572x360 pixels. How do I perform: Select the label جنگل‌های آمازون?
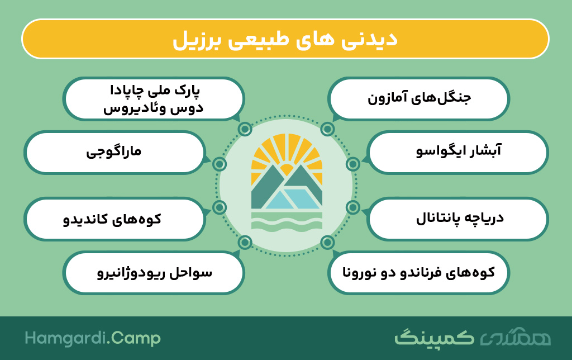pyautogui.click(x=419, y=98)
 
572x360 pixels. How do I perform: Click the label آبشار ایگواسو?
pyautogui.click(x=459, y=151)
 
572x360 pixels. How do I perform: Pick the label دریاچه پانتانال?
pyautogui.click(x=460, y=219)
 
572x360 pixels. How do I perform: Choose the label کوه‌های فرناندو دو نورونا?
pyautogui.click(x=418, y=272)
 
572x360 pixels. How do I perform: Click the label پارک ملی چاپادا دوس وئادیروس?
pyautogui.click(x=153, y=100)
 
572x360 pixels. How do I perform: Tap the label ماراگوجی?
pyautogui.click(x=114, y=151)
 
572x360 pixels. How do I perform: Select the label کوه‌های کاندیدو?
pyautogui.click(x=112, y=219)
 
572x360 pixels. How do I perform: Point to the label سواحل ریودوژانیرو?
pyautogui.click(x=154, y=273)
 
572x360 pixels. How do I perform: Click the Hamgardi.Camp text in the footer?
pyautogui.click(x=93, y=338)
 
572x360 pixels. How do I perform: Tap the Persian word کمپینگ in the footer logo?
pyautogui.click(x=434, y=338)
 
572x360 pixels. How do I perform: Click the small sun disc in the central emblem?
pyautogui.click(x=287, y=170)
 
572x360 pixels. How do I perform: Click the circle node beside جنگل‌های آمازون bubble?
pyautogui.click(x=327, y=129)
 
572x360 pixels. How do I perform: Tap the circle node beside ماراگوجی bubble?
pyautogui.click(x=219, y=164)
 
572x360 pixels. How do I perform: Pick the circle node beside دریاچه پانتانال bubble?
pyautogui.click(x=353, y=207)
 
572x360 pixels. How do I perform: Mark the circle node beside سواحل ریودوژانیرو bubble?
pyautogui.click(x=245, y=242)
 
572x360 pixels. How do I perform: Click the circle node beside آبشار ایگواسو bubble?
pyautogui.click(x=353, y=164)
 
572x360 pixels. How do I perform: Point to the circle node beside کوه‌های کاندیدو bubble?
pyautogui.click(x=219, y=207)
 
